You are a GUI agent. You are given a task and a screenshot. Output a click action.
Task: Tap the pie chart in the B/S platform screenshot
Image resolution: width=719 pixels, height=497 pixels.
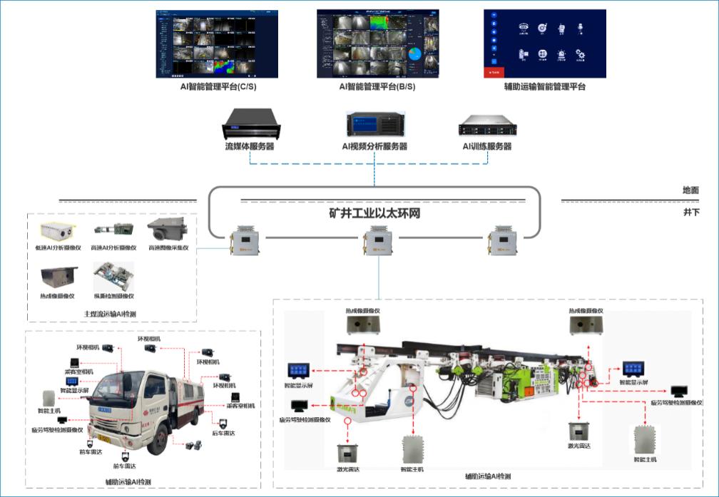click(414, 55)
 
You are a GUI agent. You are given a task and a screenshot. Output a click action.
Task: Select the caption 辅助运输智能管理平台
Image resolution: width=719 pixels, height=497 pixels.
click(544, 86)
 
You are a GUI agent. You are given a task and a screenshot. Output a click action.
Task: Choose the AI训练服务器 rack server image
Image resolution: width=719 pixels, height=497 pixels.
click(486, 128)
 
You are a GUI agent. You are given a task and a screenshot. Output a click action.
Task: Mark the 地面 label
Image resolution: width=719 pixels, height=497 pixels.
click(690, 190)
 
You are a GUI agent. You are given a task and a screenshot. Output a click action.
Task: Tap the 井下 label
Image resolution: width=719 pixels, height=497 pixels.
click(690, 212)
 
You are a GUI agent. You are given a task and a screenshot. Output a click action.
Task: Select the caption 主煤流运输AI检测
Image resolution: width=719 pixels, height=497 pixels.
click(111, 314)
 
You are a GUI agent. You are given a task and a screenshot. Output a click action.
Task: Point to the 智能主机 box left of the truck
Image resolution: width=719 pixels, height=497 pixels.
click(49, 398)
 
